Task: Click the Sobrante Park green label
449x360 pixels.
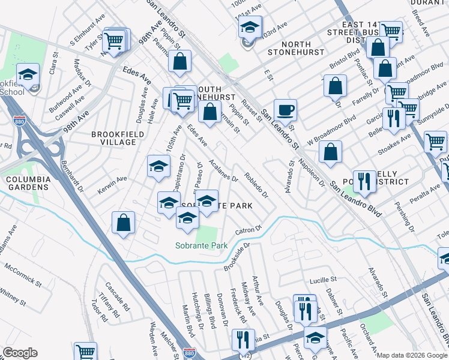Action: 202,245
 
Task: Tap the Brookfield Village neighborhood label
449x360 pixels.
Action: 114,138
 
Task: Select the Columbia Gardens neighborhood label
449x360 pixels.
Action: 27,183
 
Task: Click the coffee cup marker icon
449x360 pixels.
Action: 285,110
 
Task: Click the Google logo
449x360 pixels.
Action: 20,353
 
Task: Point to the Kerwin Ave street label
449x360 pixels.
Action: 113,179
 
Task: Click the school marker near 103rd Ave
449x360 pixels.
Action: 250,27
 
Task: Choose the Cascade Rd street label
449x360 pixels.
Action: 118,296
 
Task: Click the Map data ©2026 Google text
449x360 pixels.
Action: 412,355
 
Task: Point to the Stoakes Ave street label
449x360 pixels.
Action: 398,143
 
